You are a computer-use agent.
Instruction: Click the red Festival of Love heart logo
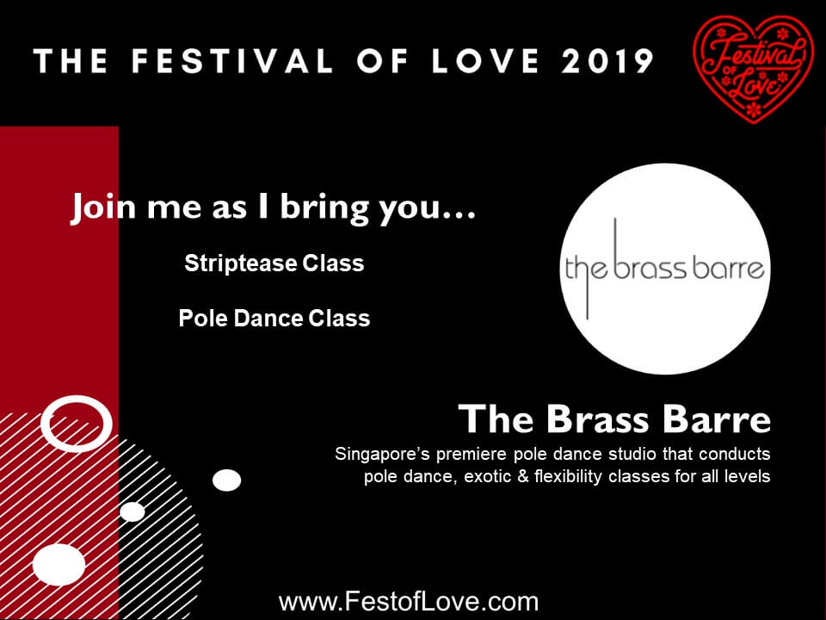[x=754, y=69]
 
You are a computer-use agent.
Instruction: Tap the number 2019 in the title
[x=607, y=61]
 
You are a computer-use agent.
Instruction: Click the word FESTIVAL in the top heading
[x=232, y=61]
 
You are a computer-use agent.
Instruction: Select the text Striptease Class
[x=274, y=263]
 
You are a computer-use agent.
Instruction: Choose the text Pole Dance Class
[x=274, y=318]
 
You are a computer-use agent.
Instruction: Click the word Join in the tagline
[x=103, y=208]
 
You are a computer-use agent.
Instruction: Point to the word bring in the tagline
[x=324, y=208]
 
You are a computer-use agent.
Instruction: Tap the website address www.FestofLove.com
[x=408, y=602]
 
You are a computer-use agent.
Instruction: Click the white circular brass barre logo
[x=665, y=269]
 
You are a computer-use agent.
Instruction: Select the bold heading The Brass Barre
[x=614, y=419]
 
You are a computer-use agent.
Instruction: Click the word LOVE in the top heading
[x=485, y=61]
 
